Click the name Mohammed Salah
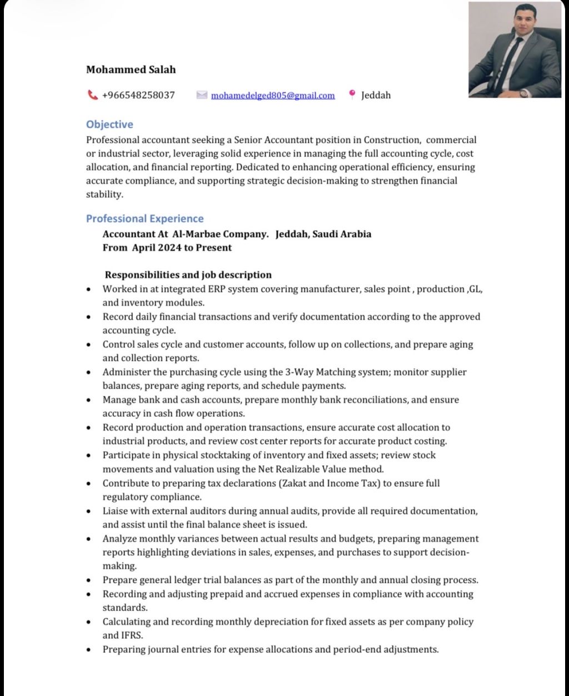131,69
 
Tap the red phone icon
92,95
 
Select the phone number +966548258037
138,95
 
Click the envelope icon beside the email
202,95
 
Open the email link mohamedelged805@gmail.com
273,95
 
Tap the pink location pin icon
352,94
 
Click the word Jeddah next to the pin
376,95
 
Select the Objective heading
109,124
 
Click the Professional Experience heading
144,218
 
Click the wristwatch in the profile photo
524,93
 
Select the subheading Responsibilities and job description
188,275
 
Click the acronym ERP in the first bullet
216,289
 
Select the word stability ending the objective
104,194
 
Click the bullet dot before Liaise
89,511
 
